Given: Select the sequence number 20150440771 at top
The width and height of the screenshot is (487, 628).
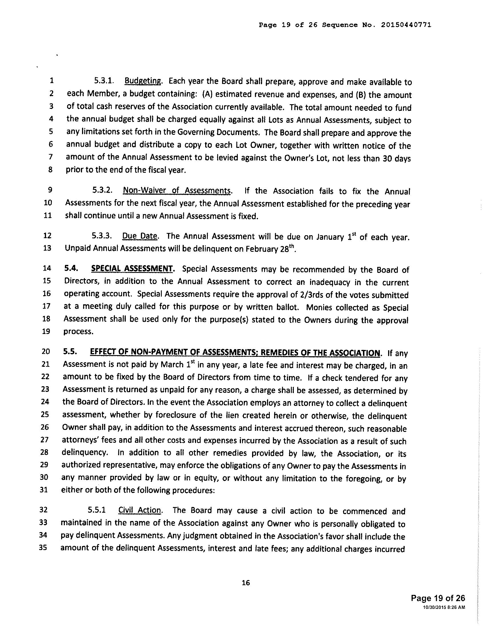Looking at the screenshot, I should point(406,25).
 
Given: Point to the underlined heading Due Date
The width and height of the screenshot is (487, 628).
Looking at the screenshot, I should point(140,236).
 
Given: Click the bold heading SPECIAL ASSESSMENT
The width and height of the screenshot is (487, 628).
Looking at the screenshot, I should point(132,269).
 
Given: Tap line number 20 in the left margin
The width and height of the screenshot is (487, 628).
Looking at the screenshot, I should point(46,351).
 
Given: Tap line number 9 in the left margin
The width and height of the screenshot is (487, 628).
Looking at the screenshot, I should point(50,190).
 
